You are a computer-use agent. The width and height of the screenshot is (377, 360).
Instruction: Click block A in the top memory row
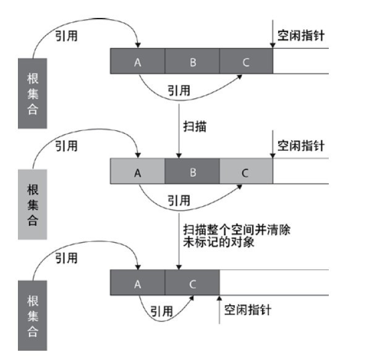tap(138, 62)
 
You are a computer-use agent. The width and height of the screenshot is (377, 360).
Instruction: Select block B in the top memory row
tap(192, 62)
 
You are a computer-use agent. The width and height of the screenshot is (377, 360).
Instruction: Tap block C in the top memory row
tap(245, 62)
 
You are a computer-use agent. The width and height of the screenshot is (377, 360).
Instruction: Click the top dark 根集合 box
tap(32, 94)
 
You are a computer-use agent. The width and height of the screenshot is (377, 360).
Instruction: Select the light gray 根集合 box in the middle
tap(32, 204)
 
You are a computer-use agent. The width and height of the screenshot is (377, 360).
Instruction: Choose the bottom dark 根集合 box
tap(32, 316)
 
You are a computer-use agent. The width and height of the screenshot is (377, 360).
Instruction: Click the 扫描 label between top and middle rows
tap(195, 127)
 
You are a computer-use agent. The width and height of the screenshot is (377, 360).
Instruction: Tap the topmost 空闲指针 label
tap(301, 36)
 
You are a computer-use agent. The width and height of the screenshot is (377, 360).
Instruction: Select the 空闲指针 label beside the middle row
tap(301, 146)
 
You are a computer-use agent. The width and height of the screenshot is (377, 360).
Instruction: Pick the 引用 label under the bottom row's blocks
tap(162, 311)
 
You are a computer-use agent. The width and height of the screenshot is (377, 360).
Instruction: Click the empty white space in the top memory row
tap(300, 62)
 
